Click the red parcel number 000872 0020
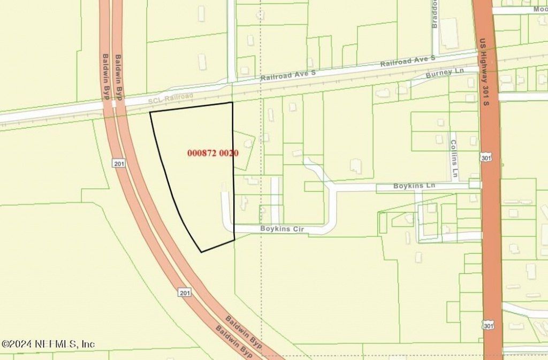click(212, 153)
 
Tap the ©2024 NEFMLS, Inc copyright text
click(48, 344)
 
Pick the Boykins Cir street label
click(281, 228)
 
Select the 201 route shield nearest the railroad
click(119, 163)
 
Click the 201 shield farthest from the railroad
click(185, 293)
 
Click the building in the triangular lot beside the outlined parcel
click(247, 143)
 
